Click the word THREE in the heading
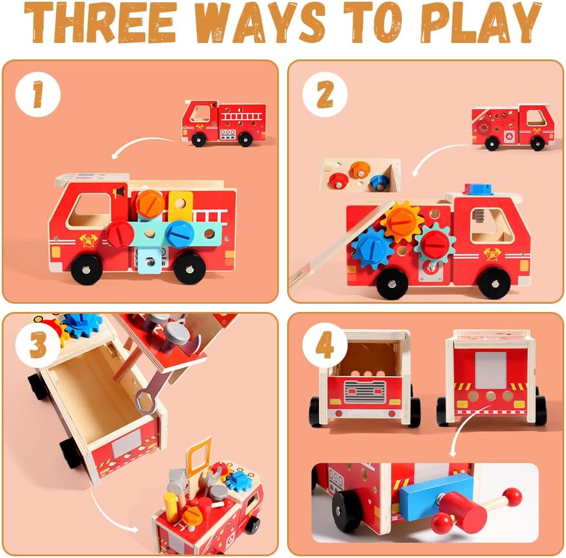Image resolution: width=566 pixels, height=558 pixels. point(100,22)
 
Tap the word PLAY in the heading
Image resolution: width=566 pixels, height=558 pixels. point(481,24)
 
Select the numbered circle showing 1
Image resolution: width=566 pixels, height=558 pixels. point(38,94)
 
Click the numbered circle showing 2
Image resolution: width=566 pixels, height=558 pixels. point(325,94)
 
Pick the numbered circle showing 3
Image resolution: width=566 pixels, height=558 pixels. point(38,345)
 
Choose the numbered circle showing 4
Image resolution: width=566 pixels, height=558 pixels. point(325,346)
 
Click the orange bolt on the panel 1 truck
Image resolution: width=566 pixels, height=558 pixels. point(150,203)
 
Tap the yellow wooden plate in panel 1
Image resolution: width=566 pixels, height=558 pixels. point(181,207)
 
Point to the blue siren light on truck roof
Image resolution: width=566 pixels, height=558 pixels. point(478,189)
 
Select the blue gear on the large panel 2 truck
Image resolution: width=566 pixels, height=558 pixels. point(372,248)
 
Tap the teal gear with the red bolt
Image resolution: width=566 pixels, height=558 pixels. point(435,243)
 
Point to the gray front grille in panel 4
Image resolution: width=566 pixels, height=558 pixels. point(365,392)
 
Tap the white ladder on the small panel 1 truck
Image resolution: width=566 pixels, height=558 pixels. point(241,117)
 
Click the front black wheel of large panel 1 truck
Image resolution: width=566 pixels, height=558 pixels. point(86,269)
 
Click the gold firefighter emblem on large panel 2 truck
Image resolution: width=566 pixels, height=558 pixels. point(491,254)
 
